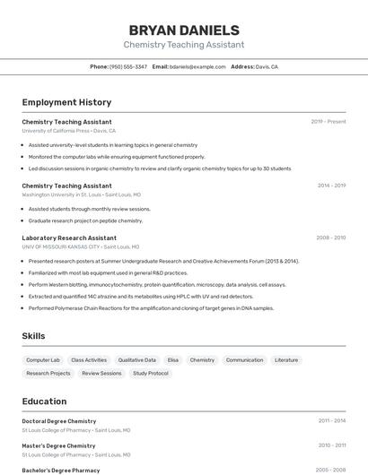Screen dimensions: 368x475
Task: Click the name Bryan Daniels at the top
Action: [184, 30]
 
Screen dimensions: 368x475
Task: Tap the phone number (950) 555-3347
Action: [128, 66]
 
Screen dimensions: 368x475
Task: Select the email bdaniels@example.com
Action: [197, 66]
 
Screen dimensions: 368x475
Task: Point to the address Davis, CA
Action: [267, 66]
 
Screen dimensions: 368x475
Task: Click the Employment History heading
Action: [66, 102]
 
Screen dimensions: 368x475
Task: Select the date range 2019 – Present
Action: [329, 121]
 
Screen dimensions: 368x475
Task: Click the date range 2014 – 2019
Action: [331, 186]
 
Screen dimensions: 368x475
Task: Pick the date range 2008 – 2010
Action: [331, 237]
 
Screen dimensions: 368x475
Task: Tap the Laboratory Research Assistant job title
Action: [69, 238]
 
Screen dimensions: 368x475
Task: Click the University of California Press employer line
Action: [68, 130]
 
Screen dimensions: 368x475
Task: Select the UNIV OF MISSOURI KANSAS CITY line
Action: [80, 246]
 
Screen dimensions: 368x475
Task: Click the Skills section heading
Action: [34, 336]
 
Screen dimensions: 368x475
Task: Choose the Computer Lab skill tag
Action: [43, 359]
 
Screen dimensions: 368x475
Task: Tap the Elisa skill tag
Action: [173, 359]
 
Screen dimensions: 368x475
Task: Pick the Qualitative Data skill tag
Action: [137, 359]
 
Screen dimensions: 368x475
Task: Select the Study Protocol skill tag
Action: [151, 373]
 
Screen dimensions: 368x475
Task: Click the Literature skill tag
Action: [286, 359]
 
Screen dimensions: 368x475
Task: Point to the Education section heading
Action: [44, 402]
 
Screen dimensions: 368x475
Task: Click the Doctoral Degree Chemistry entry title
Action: [59, 420]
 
